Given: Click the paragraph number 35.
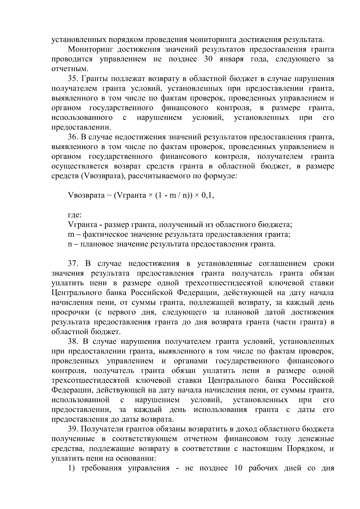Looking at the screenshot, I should click(73, 79).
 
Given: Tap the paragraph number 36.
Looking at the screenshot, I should click(73, 137).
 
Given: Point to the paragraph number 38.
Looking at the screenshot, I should click(73, 342).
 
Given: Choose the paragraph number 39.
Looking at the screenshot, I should click(73, 429).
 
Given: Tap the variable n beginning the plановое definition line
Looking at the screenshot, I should click(70, 244).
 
